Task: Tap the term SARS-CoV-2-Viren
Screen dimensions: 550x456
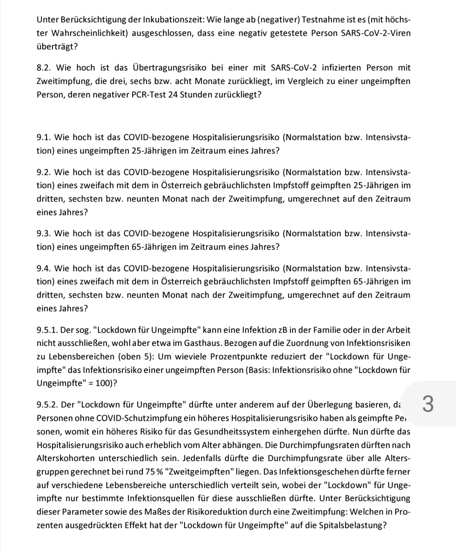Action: [375, 33]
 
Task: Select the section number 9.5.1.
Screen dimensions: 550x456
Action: [47, 330]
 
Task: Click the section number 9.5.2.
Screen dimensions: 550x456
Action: [47, 405]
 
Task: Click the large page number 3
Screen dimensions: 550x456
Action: [427, 404]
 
